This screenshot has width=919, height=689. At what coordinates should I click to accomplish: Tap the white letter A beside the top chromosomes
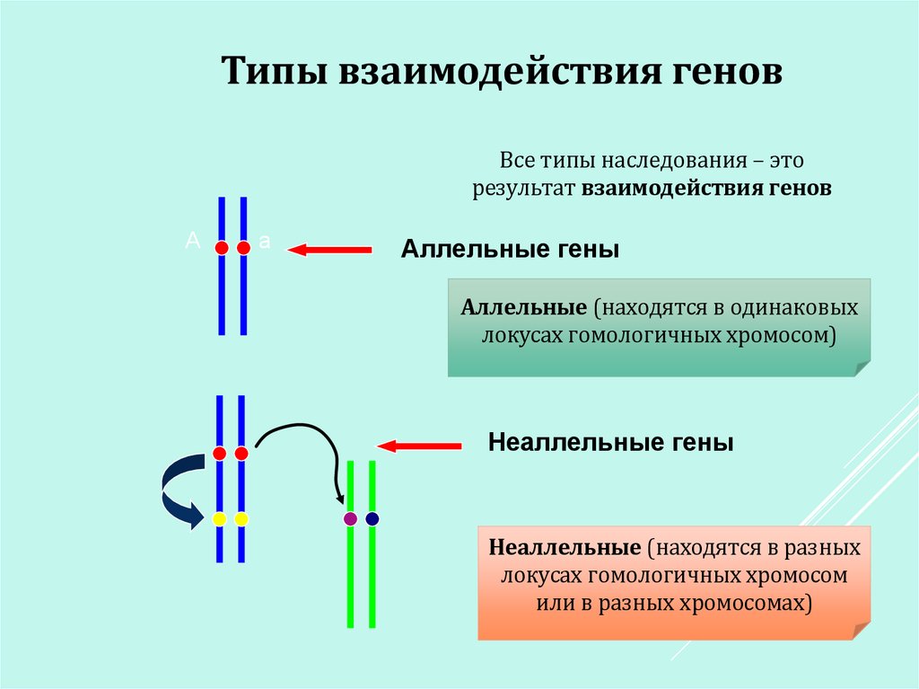[x=191, y=240]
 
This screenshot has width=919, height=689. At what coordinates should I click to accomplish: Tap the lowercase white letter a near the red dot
[x=264, y=241]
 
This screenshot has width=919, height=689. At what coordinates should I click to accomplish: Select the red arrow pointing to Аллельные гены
[x=328, y=250]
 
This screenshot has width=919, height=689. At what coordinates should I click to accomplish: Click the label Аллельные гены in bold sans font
[x=510, y=249]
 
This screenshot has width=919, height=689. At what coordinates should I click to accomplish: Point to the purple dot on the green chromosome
[x=350, y=518]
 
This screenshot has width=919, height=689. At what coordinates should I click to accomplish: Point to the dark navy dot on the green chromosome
[x=372, y=518]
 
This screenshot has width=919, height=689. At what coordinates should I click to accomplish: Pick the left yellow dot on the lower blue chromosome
[x=219, y=518]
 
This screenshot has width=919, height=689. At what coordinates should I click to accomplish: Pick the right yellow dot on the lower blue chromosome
[x=241, y=518]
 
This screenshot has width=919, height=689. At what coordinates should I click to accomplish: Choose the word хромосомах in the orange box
[x=748, y=603]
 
